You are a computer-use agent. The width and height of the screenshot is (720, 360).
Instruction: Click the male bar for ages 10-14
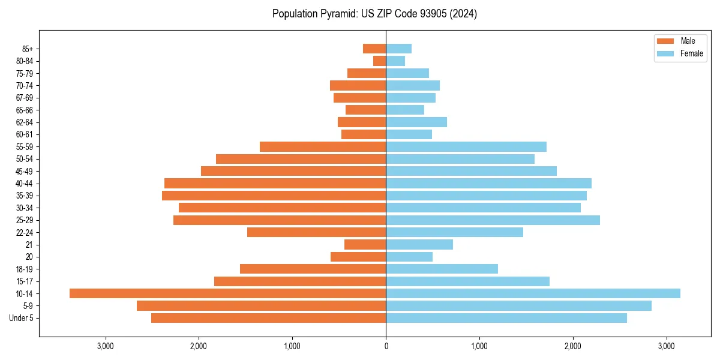[228, 293]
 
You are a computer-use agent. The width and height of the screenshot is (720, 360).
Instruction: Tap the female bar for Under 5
[506, 318]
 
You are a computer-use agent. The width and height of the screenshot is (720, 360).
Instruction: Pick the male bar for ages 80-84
[379, 61]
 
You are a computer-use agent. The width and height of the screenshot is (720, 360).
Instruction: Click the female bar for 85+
[398, 49]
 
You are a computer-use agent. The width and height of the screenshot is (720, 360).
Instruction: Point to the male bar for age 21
[365, 245]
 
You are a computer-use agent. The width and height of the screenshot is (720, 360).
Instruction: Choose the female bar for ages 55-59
[466, 147]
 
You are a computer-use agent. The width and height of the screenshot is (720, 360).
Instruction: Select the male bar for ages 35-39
[274, 196]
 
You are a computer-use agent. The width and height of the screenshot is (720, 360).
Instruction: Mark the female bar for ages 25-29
[493, 220]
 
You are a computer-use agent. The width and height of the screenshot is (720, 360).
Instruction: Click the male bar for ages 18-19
[313, 269]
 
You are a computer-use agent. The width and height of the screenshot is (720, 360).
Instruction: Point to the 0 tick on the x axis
[386, 346]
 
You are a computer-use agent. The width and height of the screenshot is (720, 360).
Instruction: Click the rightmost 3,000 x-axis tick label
[667, 346]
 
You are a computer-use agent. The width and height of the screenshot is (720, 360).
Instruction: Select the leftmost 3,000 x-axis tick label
[105, 346]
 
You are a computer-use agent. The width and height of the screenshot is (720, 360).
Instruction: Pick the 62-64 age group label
[25, 122]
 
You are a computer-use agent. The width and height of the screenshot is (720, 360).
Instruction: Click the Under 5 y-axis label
[22, 318]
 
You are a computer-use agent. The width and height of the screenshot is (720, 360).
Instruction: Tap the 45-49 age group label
[25, 172]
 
